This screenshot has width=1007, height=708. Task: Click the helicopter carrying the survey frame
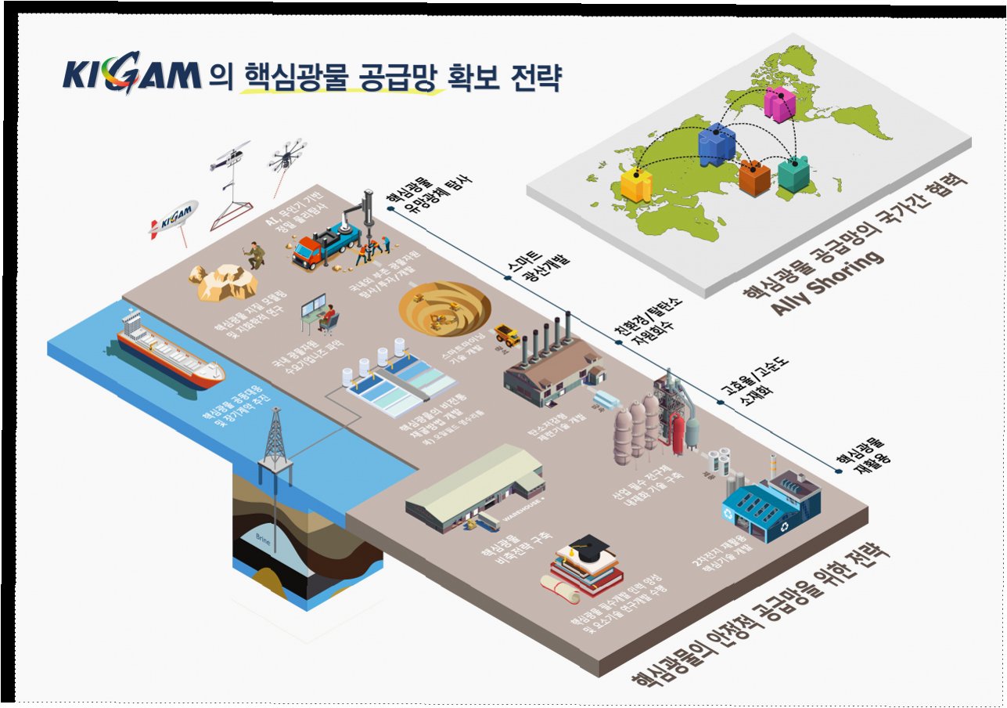(230, 157)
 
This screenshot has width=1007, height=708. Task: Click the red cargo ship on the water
(169, 357)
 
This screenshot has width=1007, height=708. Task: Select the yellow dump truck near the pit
(507, 334)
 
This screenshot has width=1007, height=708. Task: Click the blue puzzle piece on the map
(716, 143)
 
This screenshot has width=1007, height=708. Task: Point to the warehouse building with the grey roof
(474, 486)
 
